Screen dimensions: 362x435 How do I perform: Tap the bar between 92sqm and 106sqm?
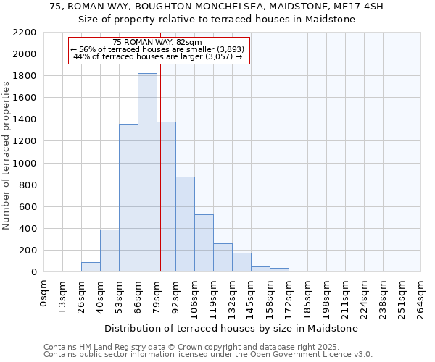(x=185, y=224)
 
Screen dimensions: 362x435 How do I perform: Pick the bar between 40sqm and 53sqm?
(x=109, y=251)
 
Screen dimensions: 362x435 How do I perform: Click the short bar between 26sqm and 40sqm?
(x=91, y=266)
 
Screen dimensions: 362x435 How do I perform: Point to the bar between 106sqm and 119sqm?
(x=204, y=243)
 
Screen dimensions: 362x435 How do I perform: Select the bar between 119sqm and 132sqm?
(x=223, y=258)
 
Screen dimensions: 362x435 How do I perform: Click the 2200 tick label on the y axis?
(x=25, y=33)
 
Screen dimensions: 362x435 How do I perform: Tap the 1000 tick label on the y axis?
(x=25, y=164)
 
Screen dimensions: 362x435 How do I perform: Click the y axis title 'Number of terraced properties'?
(x=7, y=156)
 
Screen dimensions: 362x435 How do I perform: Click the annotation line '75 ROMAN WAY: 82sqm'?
(x=158, y=43)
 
